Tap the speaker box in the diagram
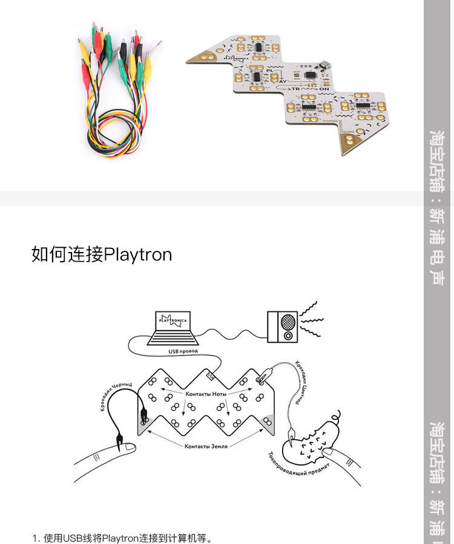(x=283, y=326)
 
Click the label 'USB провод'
(x=182, y=351)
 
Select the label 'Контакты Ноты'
(x=206, y=393)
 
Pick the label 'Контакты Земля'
(x=206, y=446)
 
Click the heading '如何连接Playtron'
(x=102, y=254)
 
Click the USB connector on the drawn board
(x=211, y=375)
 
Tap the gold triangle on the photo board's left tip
(x=200, y=57)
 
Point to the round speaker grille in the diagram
(x=288, y=321)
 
